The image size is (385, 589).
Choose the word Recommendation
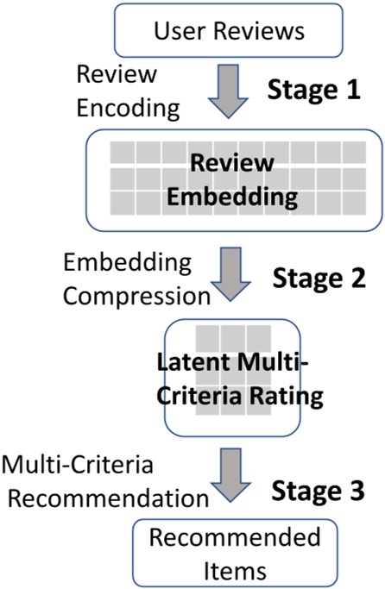coord(104,498)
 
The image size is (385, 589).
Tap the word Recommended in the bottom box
coord(228,536)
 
